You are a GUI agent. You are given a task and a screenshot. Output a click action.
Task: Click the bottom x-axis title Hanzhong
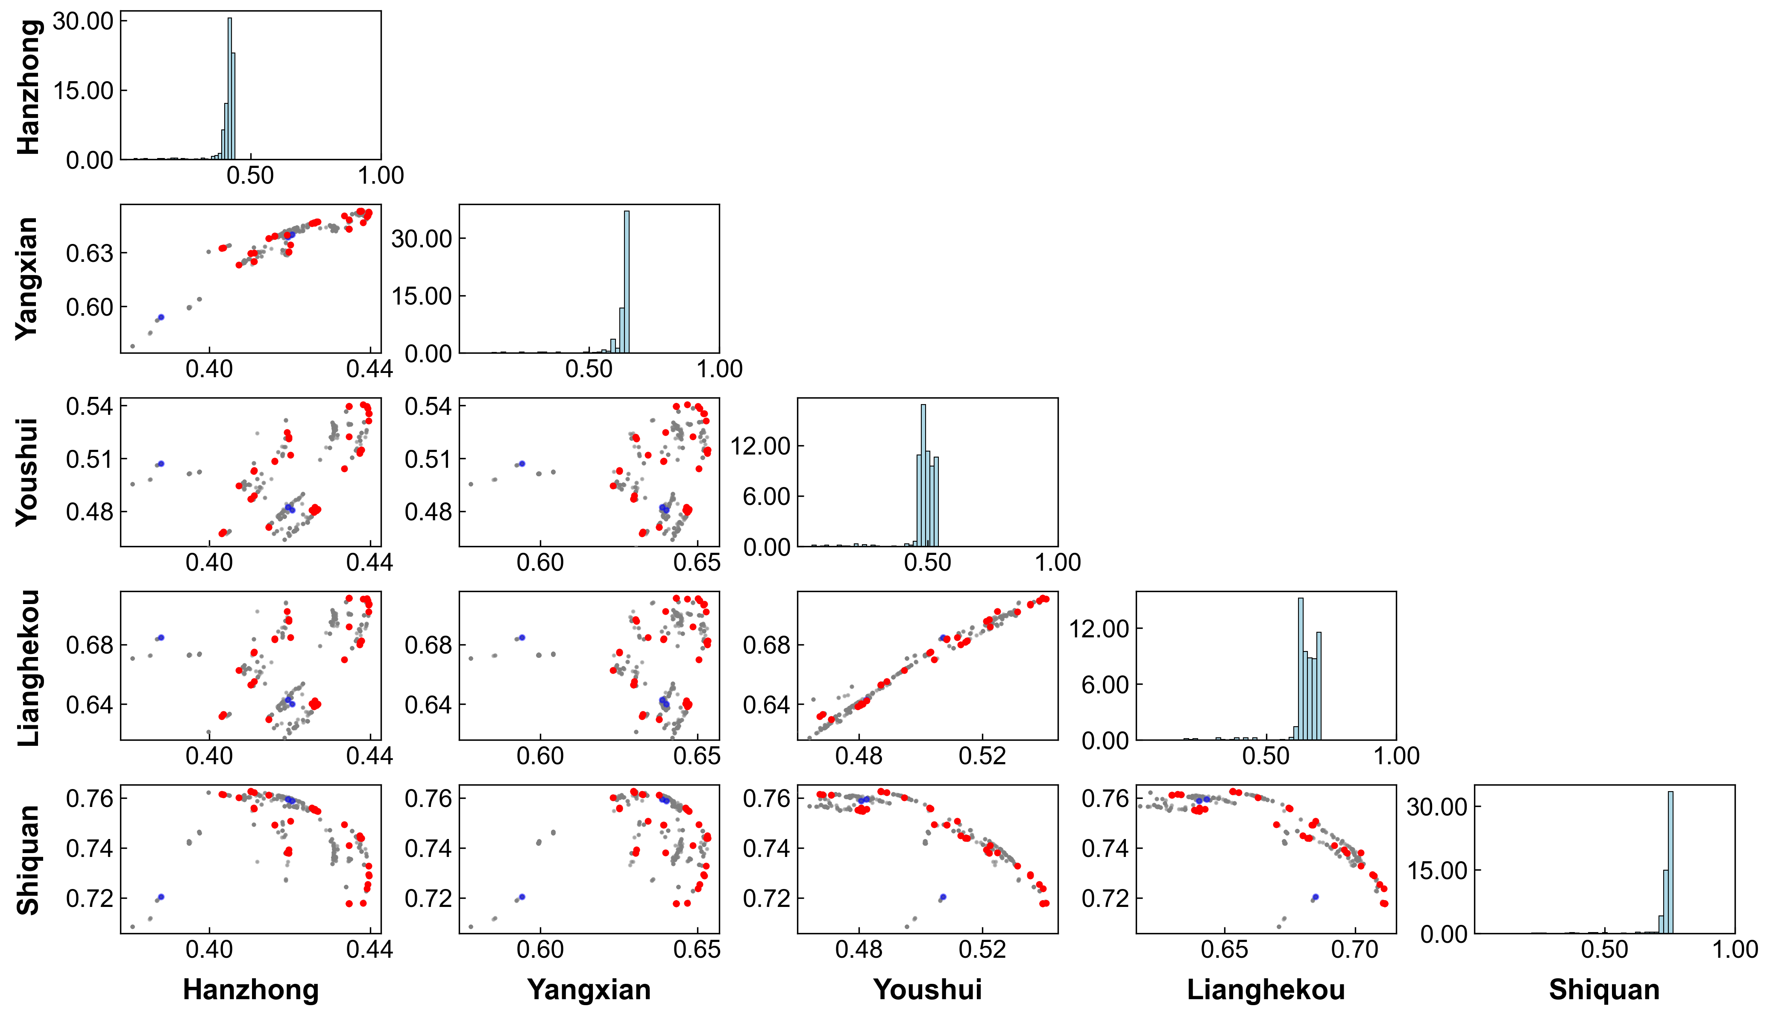[251, 990]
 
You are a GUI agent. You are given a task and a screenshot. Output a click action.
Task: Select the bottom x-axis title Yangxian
[589, 990]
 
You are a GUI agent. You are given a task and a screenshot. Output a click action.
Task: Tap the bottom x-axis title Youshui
[928, 990]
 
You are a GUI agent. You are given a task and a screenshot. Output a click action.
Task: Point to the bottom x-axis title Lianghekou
[1266, 990]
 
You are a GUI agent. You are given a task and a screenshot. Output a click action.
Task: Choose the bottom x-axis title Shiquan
[1604, 990]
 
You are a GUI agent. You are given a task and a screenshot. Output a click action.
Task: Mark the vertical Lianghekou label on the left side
[27, 667]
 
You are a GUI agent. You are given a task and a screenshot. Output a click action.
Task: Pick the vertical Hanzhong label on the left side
[27, 86]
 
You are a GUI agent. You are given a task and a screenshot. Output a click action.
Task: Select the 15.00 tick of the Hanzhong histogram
[84, 91]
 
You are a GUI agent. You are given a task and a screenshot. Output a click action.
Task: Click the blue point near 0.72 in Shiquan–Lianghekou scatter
[1315, 897]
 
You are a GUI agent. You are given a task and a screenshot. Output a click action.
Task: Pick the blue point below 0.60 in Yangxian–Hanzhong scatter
[161, 317]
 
